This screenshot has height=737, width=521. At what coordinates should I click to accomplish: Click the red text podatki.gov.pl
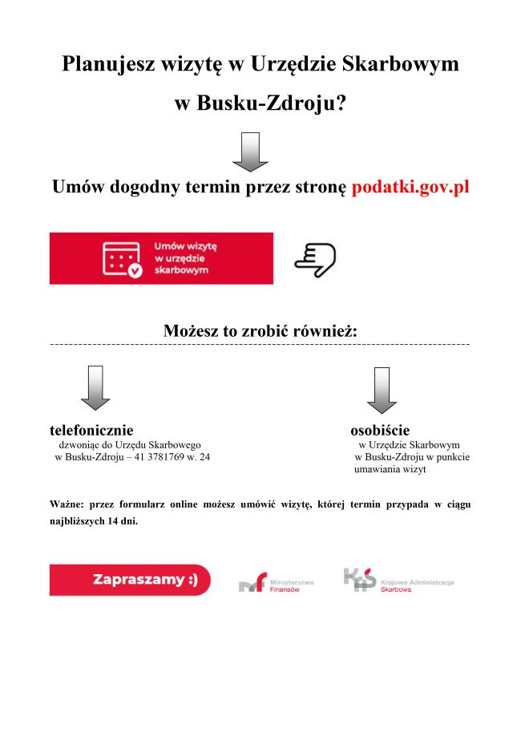410,187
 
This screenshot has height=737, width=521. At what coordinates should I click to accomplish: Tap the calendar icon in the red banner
123,259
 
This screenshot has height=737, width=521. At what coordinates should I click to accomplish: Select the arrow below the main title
250,152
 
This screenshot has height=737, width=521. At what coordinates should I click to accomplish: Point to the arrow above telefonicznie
95,387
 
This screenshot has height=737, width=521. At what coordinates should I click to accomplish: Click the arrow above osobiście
382,390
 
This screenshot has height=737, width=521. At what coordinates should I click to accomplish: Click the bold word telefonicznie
91,431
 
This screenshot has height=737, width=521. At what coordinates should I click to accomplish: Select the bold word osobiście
380,431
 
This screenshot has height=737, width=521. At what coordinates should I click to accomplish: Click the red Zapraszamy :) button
130,580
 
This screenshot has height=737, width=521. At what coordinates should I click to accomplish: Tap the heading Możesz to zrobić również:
260,330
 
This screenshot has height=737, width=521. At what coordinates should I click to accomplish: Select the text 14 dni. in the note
122,519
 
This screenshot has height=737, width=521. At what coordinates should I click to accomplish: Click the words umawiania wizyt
390,469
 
